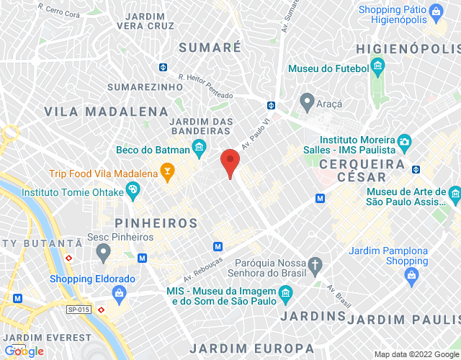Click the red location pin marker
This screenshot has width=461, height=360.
[x=230, y=161]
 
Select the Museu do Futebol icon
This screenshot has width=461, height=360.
[x=377, y=69]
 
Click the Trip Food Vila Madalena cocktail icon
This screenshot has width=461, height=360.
[x=168, y=174]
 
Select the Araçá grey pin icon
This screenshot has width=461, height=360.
[x=307, y=100]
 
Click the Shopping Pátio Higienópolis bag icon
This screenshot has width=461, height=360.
[x=435, y=12]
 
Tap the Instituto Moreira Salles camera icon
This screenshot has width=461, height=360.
[x=405, y=142]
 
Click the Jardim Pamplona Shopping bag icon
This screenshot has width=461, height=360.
[x=411, y=274]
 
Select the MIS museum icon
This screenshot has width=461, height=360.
[x=286, y=292]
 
